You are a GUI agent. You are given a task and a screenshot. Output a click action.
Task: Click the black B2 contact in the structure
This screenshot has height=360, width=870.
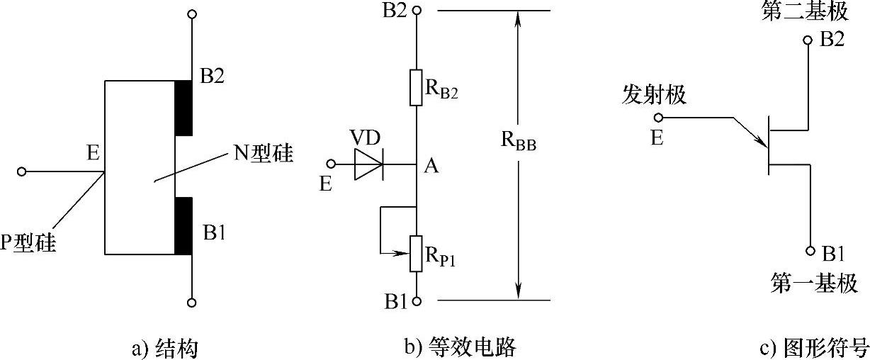click(183, 108)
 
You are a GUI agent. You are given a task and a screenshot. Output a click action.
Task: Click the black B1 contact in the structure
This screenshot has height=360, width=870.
click(183, 226)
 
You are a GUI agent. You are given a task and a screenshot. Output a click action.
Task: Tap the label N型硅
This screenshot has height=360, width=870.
click(264, 153)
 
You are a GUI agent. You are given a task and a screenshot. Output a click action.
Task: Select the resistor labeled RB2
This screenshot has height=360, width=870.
click(416, 88)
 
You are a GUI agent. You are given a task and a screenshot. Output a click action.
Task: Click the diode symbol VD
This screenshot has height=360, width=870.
click(368, 164)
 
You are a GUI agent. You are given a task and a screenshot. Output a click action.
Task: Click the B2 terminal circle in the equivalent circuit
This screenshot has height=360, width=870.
click(417, 11)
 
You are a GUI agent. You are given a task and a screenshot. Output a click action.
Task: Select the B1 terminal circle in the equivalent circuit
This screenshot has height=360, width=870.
click(417, 300)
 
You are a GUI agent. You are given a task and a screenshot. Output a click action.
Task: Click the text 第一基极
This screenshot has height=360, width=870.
click(814, 283)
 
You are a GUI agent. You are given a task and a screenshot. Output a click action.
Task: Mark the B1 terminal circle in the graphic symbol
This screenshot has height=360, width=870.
click(808, 251)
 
